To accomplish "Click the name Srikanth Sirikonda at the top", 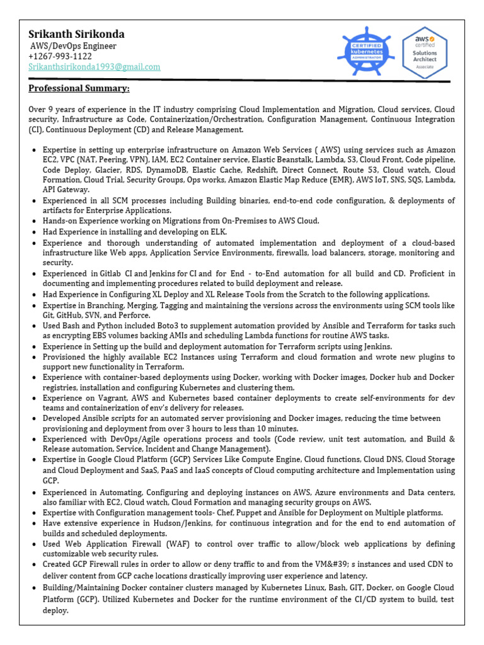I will pos(76,34).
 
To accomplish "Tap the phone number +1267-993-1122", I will pos(60,57).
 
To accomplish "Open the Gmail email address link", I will pos(94,67).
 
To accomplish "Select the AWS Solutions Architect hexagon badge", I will pos(424,52).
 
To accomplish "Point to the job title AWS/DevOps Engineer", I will pos(73,46).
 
